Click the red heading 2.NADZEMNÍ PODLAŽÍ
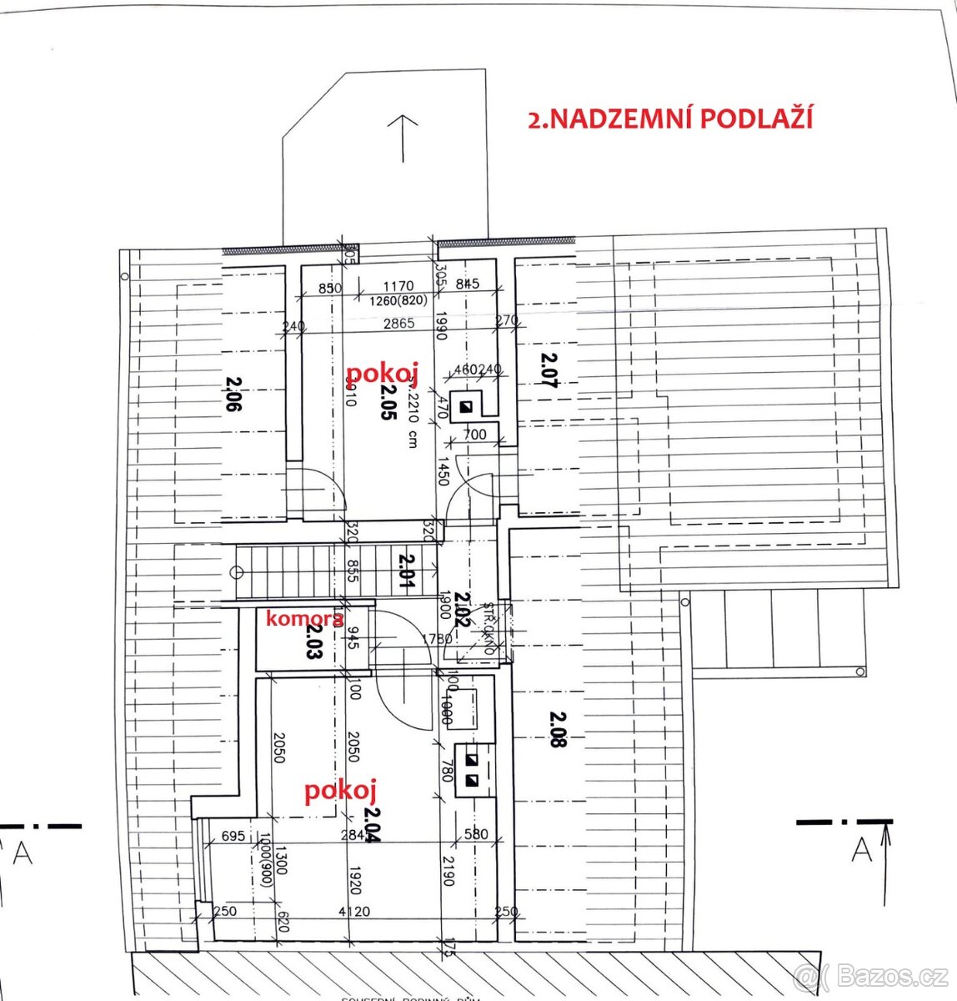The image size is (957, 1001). tap(670, 118)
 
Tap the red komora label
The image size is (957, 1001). tap(303, 619)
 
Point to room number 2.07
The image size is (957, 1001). tap(548, 370)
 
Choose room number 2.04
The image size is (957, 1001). tap(372, 826)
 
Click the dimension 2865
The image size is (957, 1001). tap(398, 324)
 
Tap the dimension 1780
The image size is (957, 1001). tap(437, 640)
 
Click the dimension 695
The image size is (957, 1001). tap(234, 836)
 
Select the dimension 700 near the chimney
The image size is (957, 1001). tap(474, 435)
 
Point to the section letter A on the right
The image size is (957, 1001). tap(862, 850)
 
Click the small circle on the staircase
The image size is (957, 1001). tap(237, 572)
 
